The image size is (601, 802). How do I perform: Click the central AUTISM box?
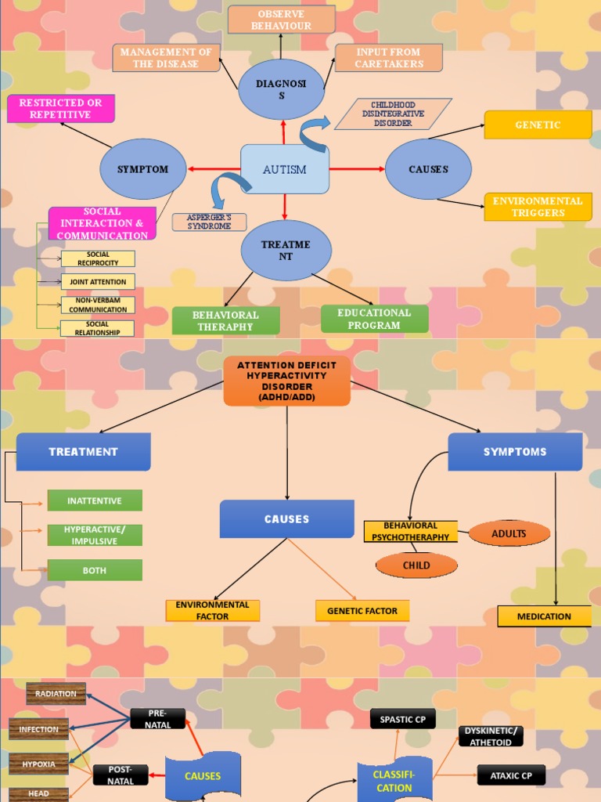pyautogui.click(x=285, y=169)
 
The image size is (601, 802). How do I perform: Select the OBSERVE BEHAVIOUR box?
pyautogui.click(x=282, y=20)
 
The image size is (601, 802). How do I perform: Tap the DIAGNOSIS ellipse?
pyautogui.click(x=282, y=89)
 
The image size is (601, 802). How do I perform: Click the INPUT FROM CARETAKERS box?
pyautogui.click(x=388, y=58)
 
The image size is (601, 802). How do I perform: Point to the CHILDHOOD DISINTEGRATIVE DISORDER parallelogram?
pyautogui.click(x=393, y=114)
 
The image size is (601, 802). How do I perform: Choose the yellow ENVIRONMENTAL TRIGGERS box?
pyautogui.click(x=538, y=207)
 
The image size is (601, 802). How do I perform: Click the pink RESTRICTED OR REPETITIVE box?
pyautogui.click(x=61, y=109)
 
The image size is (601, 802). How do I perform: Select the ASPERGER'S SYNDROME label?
pyautogui.click(x=209, y=222)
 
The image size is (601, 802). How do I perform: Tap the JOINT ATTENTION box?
pyautogui.click(x=98, y=281)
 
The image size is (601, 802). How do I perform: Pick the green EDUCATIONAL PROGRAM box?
pyautogui.click(x=374, y=319)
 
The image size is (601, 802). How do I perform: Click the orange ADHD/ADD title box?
pyautogui.click(x=286, y=381)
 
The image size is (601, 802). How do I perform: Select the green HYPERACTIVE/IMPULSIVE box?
pyautogui.click(x=95, y=535)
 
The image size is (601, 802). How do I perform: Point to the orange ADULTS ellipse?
pyautogui.click(x=509, y=533)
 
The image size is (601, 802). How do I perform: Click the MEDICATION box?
pyautogui.click(x=544, y=616)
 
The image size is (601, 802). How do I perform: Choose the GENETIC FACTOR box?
pyautogui.click(x=362, y=611)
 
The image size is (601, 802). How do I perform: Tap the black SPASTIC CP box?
pyautogui.click(x=402, y=719)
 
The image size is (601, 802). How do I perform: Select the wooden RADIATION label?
pyautogui.click(x=56, y=693)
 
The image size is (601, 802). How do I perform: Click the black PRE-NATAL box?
pyautogui.click(x=157, y=718)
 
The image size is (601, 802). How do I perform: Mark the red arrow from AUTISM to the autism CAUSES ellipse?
pyautogui.click(x=357, y=169)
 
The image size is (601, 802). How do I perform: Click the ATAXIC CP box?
pyautogui.click(x=511, y=775)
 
